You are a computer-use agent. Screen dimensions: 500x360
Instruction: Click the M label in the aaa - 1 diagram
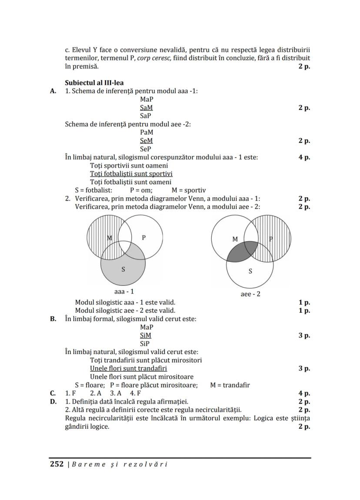tap(110, 238)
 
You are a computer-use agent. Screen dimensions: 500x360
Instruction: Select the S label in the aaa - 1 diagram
tap(123, 269)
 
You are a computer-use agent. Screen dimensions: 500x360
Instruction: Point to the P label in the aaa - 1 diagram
tap(144, 237)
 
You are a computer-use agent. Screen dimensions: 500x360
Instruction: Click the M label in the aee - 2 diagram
tap(235, 239)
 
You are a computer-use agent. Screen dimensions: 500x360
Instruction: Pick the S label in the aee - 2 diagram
tap(250, 271)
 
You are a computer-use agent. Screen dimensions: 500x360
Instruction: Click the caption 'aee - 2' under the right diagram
tap(250, 294)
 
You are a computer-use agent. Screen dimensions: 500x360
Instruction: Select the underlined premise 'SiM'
tap(146, 335)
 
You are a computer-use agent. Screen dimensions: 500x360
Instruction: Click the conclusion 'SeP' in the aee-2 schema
tap(146, 149)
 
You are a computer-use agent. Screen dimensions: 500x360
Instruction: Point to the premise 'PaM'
tap(147, 132)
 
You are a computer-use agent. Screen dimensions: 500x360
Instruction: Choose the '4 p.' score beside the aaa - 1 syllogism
tap(304, 157)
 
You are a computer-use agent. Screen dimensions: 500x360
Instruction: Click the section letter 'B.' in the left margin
tap(53, 319)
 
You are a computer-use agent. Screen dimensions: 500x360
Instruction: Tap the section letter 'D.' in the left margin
tap(53, 401)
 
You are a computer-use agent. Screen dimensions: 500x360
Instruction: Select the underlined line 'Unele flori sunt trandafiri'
tap(128, 368)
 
